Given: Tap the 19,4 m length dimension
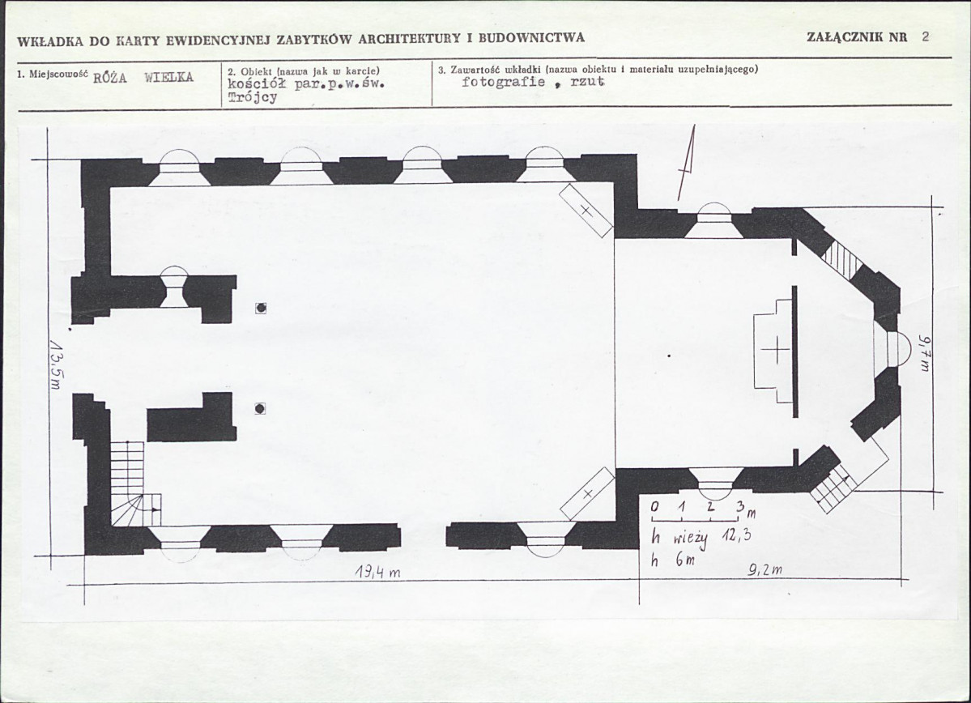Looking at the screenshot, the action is (377, 573).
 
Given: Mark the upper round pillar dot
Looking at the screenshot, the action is (261, 308).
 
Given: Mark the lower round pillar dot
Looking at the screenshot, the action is (260, 409).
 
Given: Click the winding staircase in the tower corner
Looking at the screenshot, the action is (136, 484).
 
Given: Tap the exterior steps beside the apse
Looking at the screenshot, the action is (833, 485).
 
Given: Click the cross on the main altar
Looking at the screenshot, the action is (775, 351).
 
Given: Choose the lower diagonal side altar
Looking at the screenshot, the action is (587, 494).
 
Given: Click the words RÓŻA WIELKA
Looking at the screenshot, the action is (143, 78).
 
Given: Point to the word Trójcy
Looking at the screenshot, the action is (253, 97).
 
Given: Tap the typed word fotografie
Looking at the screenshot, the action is (504, 82).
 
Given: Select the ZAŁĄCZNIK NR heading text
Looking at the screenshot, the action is (857, 36).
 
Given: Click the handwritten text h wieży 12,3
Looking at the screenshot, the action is (701, 538).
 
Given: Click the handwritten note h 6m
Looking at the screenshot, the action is (672, 560).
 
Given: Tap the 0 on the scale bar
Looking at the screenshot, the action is (654, 507).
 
